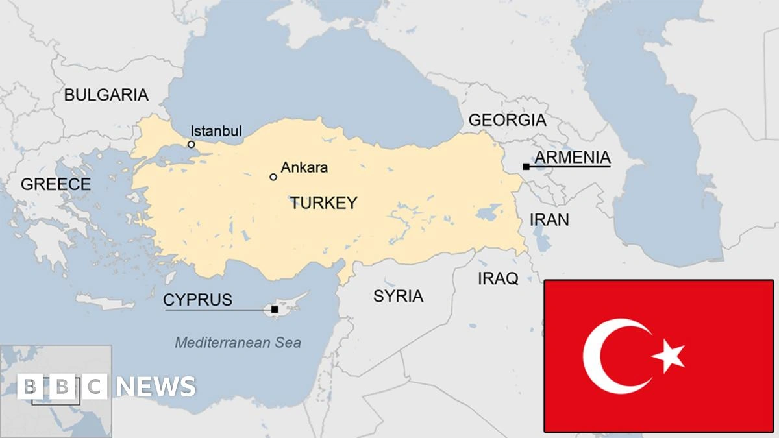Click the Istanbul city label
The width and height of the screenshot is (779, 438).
tap(217, 130)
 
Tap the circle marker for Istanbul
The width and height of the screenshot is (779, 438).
tap(191, 144)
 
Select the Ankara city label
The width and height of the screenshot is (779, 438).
tap(304, 167)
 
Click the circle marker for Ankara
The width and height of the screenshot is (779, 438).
tap(273, 176)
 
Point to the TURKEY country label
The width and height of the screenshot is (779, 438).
tap(323, 203)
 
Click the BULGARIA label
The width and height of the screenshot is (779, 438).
tap(106, 95)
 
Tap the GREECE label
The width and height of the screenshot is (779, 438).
tap(56, 184)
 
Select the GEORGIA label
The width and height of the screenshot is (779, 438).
tap(507, 120)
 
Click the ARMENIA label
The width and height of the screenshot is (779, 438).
tap(573, 157)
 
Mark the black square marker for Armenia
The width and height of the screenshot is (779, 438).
tap(525, 167)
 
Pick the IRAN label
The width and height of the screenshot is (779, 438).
tap(549, 219)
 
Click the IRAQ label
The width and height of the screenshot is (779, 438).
tap(498, 279)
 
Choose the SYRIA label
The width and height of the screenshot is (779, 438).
tap(398, 297)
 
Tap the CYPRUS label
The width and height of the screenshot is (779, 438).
tap(197, 300)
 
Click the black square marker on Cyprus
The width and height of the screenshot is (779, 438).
tap(275, 310)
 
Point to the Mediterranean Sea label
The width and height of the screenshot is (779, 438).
tap(238, 343)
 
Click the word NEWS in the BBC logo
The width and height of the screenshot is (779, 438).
tap(156, 387)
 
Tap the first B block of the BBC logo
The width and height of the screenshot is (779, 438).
tap(31, 387)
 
